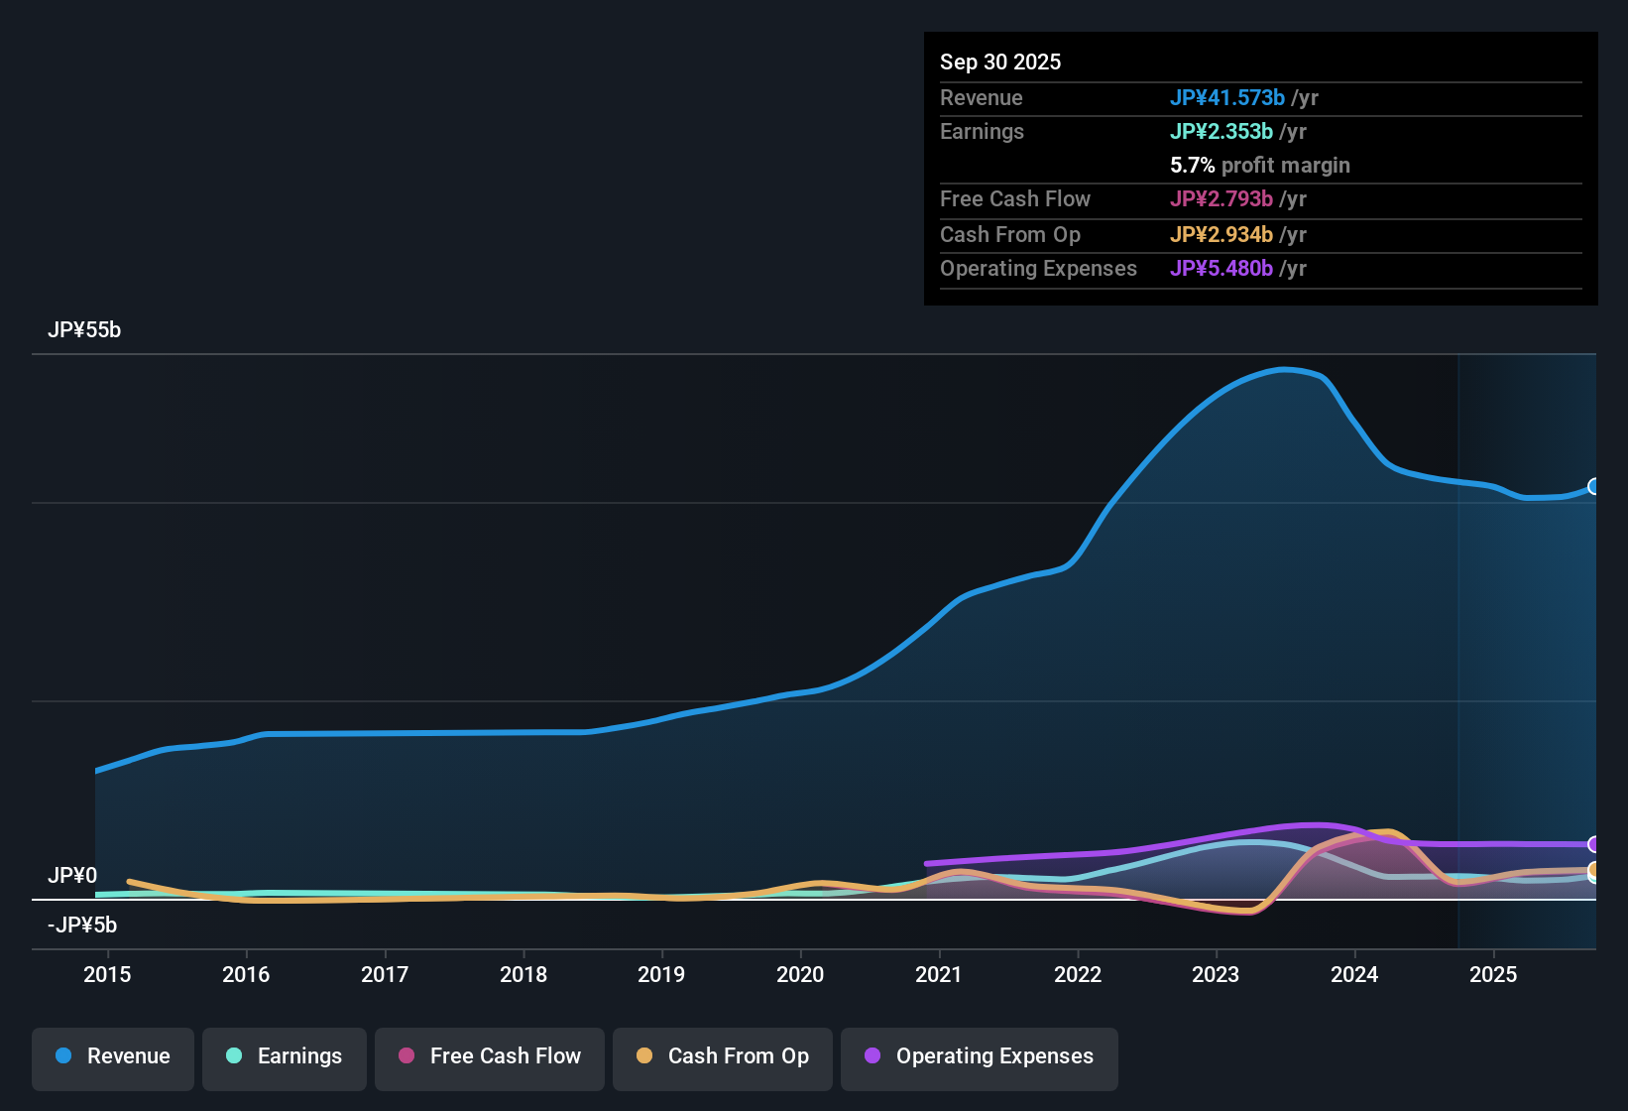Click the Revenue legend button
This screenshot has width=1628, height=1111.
112,1056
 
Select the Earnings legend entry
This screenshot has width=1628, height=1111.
284,1056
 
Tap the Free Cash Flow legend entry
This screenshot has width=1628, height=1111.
489,1056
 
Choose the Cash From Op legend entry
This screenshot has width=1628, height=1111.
722,1056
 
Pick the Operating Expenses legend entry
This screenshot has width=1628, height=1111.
979,1056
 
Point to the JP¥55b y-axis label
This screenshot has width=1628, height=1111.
84,330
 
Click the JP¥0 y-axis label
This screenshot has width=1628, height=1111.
72,876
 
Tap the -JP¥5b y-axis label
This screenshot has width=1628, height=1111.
82,926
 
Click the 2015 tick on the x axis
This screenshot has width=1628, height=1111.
107,975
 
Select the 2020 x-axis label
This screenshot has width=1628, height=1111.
800,975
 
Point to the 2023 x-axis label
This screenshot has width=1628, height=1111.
1216,975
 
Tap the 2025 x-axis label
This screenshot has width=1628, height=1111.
1492,975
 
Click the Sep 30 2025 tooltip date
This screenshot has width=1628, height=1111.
999,62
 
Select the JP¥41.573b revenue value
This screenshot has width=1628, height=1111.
1226,98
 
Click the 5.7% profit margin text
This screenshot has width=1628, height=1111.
1259,166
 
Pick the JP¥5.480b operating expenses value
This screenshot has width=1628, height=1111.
1221,269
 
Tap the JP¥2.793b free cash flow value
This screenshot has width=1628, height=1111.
1221,199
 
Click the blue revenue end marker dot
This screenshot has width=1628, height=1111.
1594,486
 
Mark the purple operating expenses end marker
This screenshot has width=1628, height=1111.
1594,844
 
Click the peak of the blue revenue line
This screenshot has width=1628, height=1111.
1284,370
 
